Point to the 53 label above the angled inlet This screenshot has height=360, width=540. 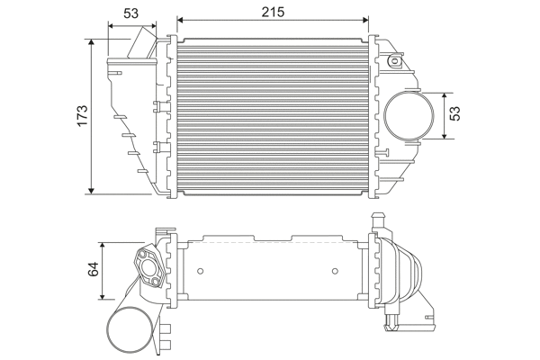tap(130, 13)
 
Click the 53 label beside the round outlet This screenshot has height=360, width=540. tap(455, 114)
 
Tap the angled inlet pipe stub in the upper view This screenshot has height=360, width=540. tap(145, 44)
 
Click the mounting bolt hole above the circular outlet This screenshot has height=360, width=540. tap(395, 61)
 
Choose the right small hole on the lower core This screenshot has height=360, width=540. tap(334, 268)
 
